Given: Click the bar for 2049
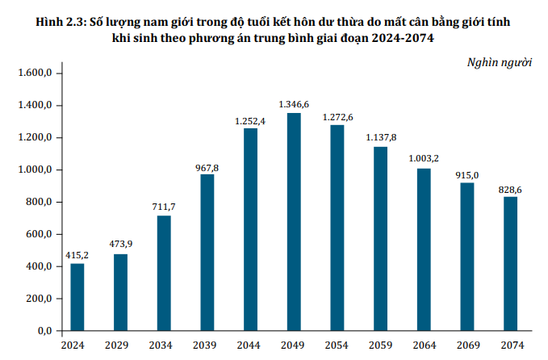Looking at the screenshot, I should (295, 222).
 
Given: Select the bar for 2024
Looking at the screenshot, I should (77, 297).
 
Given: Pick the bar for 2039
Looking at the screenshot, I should (207, 253).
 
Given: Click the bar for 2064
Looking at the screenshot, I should (424, 249).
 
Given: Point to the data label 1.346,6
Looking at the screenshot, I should (295, 104).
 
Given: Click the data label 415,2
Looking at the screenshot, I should (77, 255).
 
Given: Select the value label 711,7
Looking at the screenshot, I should (164, 207).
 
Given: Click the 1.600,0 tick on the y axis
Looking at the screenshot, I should (35, 73).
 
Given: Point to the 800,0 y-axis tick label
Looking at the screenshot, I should (38, 203).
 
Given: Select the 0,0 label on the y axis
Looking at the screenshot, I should (44, 332).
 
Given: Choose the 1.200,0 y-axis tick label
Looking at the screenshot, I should (35, 138).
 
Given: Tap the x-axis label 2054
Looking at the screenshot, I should (337, 345).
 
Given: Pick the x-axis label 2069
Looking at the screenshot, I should (467, 345).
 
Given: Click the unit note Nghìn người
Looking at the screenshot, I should (500, 63).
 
